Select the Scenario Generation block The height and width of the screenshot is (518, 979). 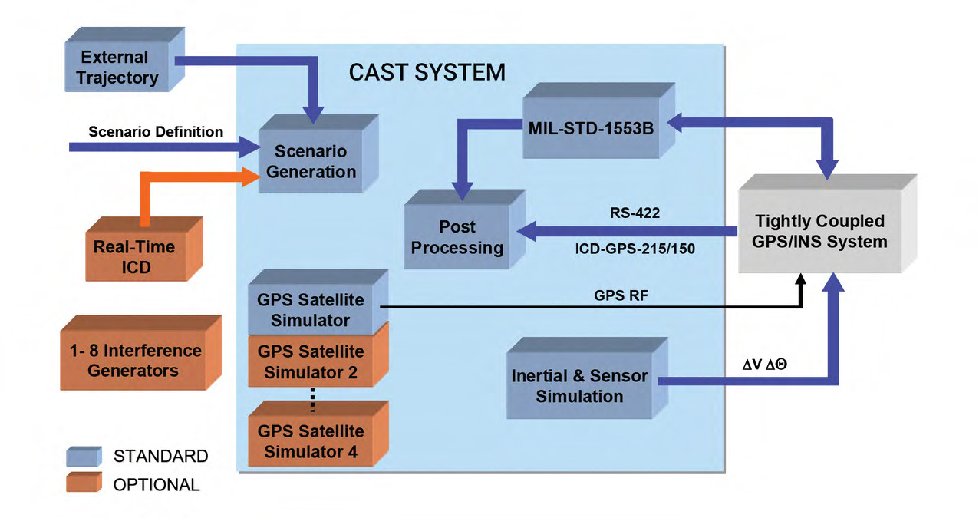click(311, 162)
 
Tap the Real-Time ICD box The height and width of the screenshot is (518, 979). click(134, 257)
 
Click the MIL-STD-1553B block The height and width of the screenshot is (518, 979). click(591, 128)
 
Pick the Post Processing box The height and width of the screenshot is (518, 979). click(457, 237)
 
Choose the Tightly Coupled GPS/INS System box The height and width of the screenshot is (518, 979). click(819, 231)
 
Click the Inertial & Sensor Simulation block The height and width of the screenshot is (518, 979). click(579, 386)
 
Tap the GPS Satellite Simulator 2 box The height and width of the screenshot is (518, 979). click(311, 363)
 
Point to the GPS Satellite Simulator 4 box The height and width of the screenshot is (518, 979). click(311, 441)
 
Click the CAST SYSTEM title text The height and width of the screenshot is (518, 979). click(427, 72)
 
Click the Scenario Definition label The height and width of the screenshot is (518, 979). click(156, 132)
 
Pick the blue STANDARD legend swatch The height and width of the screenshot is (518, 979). click(83, 457)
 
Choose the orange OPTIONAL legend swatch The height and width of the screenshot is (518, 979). click(83, 484)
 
